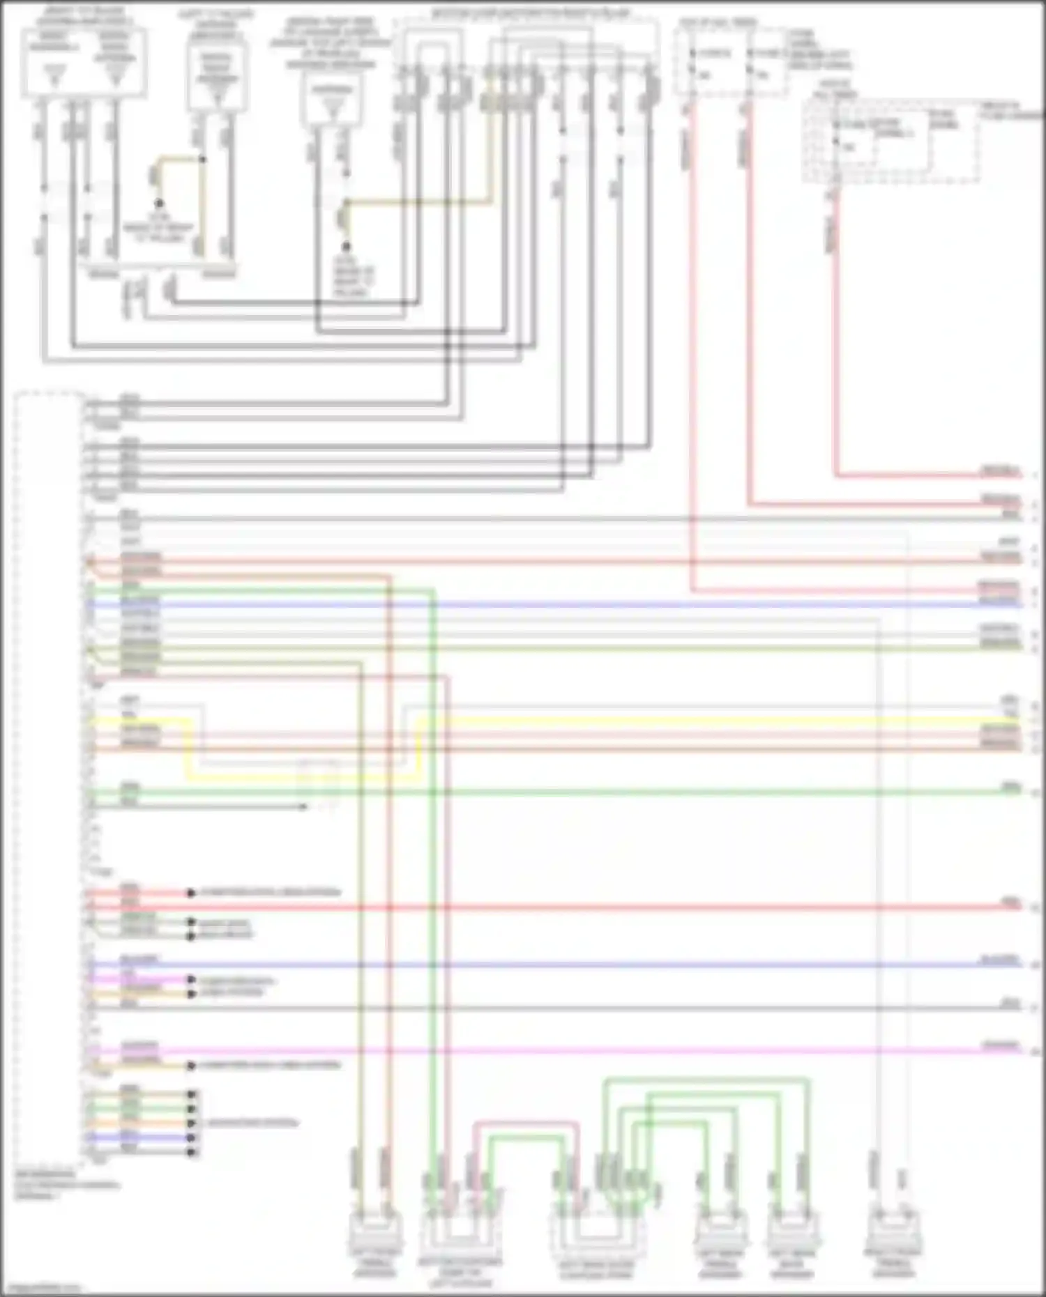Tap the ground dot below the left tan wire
[159, 204]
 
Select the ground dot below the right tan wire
[345, 247]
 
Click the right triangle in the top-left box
[116, 75]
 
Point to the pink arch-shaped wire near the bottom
[526, 1123]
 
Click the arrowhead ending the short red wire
[190, 893]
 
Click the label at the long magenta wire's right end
[1000, 1045]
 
